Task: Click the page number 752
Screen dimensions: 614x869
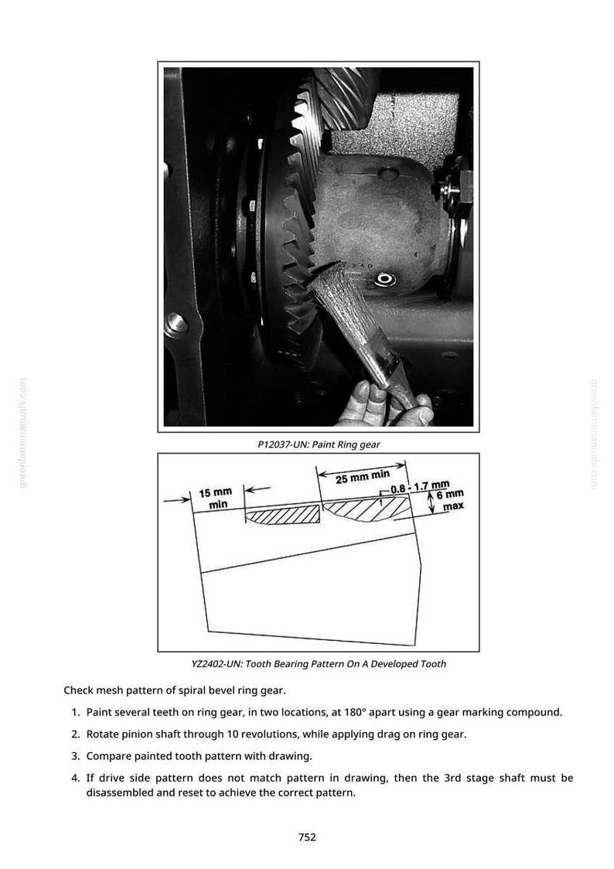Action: [x=307, y=837]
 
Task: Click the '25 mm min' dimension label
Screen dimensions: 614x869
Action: [x=363, y=476]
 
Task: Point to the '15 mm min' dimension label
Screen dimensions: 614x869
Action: [x=216, y=498]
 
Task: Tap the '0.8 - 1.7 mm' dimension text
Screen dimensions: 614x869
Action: [x=420, y=488]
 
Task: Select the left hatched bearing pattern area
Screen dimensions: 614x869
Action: [x=282, y=514]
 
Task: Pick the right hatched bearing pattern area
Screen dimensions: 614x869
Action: [x=365, y=508]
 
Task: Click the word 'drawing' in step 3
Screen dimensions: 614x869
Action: [x=290, y=756]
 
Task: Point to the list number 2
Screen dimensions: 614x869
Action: [x=75, y=734]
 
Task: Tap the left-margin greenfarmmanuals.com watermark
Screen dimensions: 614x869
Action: [x=22, y=434]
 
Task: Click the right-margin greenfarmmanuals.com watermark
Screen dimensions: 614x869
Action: [x=593, y=434]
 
